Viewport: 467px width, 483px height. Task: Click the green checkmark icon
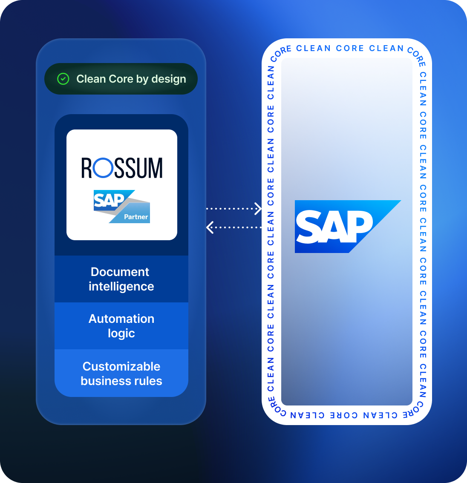point(63,79)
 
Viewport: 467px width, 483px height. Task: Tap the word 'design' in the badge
point(169,79)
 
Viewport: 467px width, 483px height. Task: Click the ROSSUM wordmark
point(122,168)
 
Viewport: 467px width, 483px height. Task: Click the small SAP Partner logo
point(121,207)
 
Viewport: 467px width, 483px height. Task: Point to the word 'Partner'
point(136,217)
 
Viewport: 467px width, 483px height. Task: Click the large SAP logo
point(347,227)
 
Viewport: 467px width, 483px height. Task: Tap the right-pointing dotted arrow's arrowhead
point(258,209)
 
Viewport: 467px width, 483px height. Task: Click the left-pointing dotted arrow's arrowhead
point(209,227)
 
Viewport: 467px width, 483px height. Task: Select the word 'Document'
point(120,272)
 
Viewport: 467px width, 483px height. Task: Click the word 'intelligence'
point(121,286)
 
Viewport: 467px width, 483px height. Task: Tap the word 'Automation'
point(121,319)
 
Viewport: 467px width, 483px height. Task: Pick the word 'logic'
point(121,333)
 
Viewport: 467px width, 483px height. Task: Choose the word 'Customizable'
point(121,366)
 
